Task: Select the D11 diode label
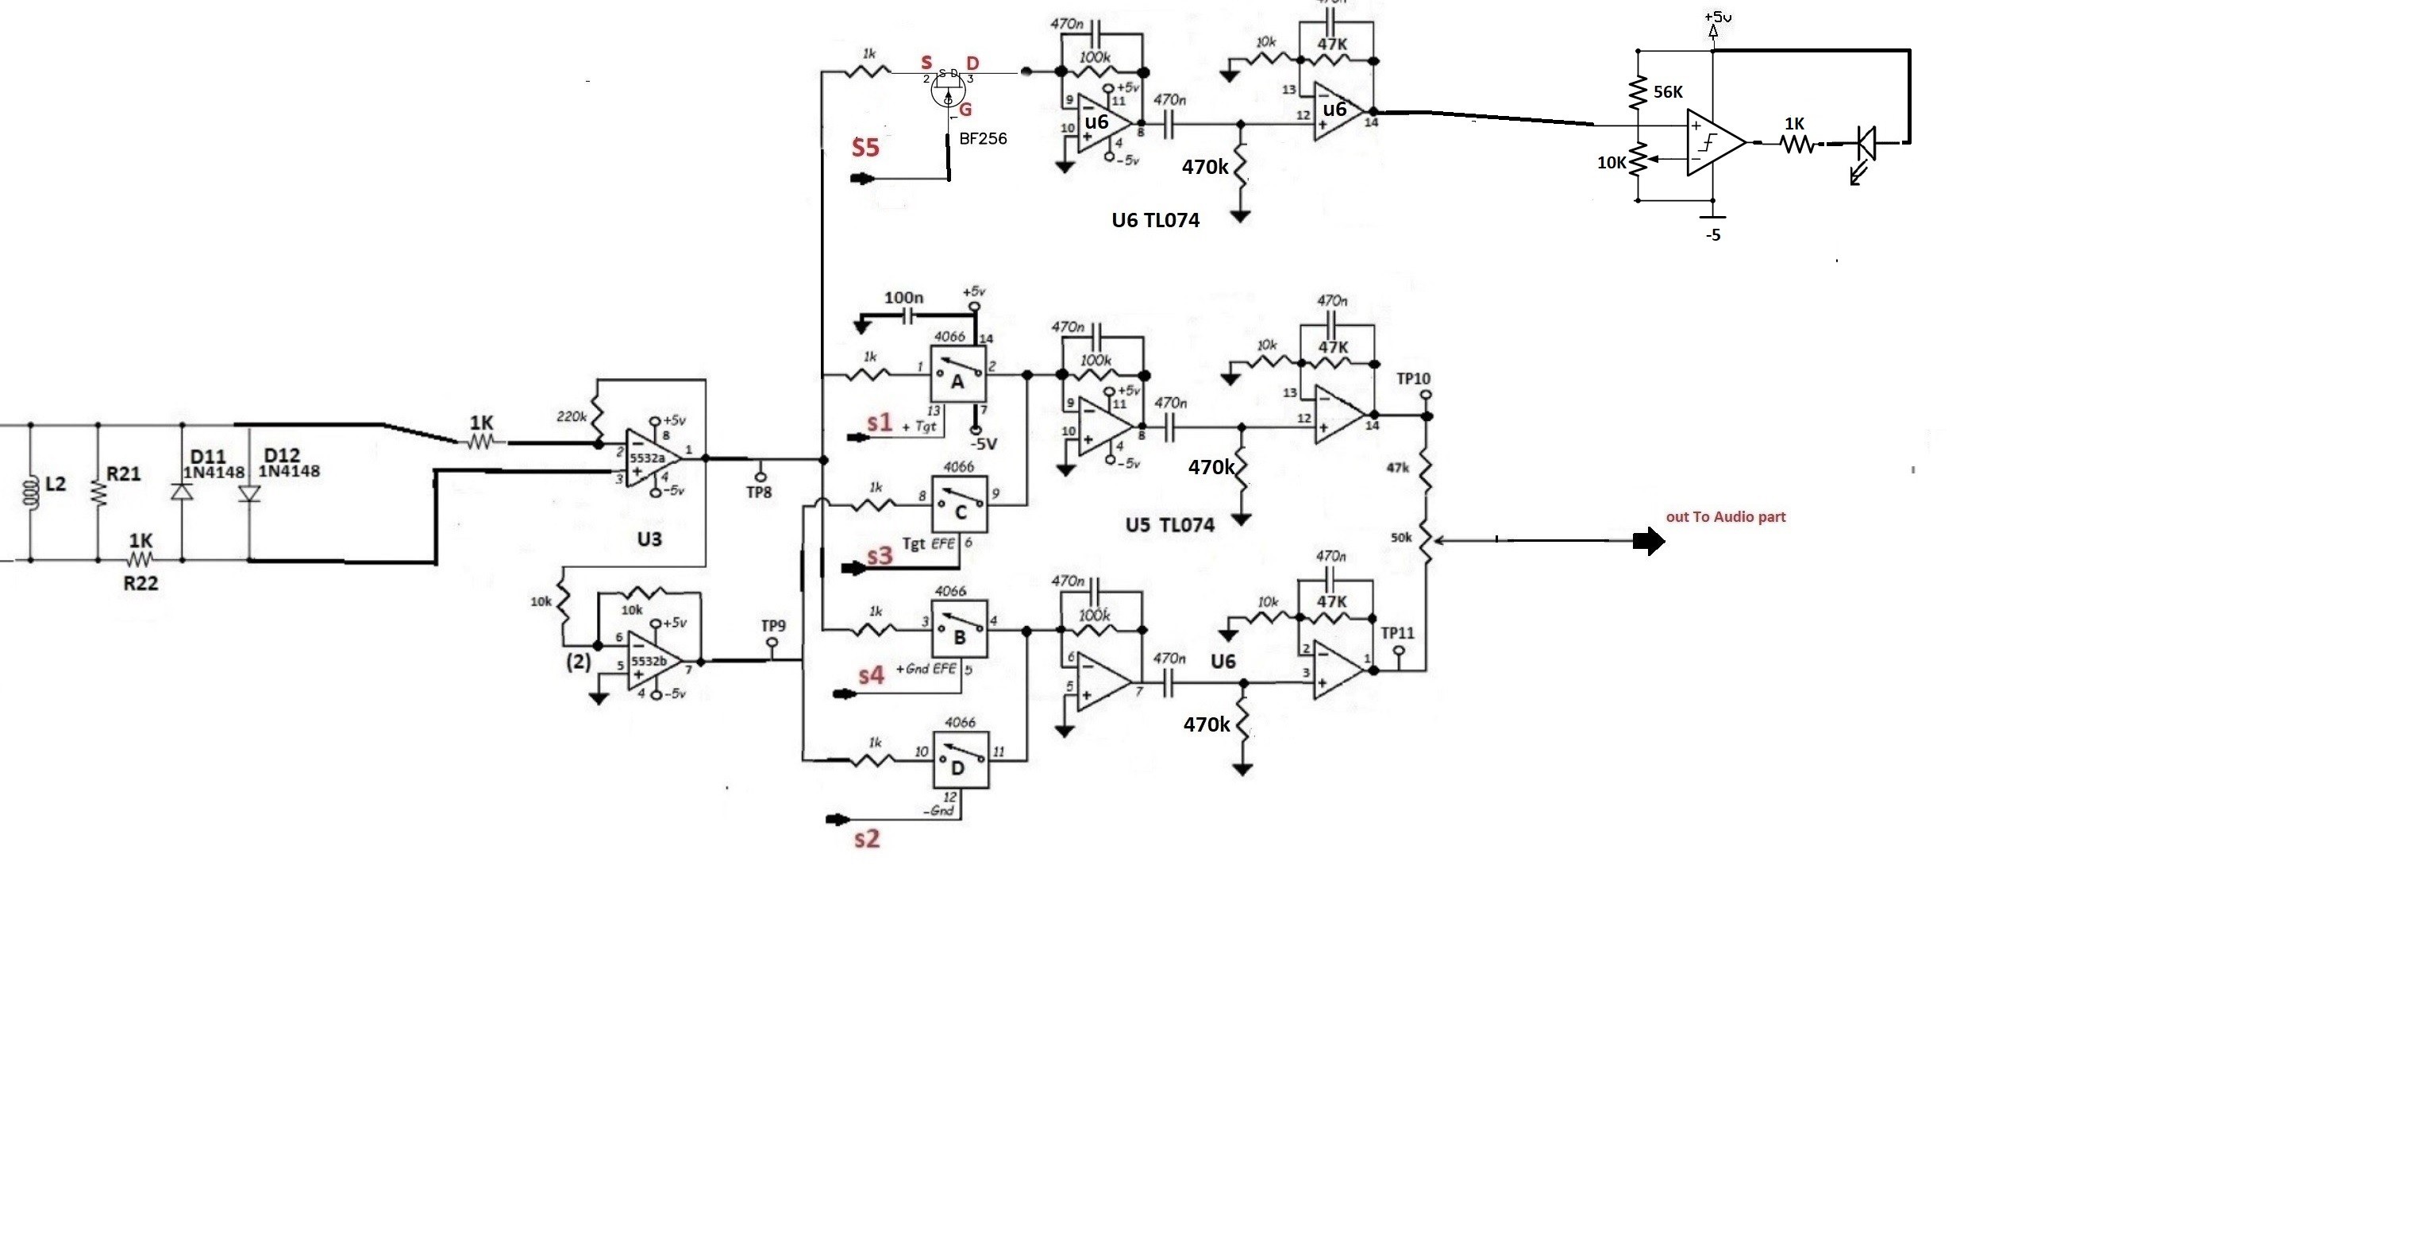pyautogui.click(x=207, y=457)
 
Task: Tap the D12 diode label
pyautogui.click(x=282, y=455)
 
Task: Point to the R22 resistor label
pyautogui.click(x=141, y=584)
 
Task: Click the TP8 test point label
pyautogui.click(x=759, y=492)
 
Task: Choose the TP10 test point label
pyautogui.click(x=1413, y=379)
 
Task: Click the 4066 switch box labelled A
pyautogui.click(x=959, y=375)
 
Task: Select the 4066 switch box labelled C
pyautogui.click(x=960, y=505)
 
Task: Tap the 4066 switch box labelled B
pyautogui.click(x=960, y=629)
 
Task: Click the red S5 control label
pyautogui.click(x=865, y=147)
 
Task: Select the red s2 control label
pyautogui.click(x=866, y=837)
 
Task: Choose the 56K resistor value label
pyautogui.click(x=1668, y=92)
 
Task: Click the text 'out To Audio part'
pyautogui.click(x=1725, y=516)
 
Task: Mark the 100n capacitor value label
pyautogui.click(x=903, y=298)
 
